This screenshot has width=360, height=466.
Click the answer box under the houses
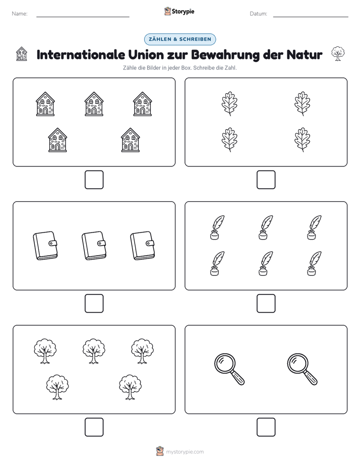coord(94,180)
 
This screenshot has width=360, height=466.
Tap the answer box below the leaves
coord(266,180)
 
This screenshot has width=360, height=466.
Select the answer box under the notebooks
coord(94,303)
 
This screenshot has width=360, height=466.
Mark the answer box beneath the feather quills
coord(266,303)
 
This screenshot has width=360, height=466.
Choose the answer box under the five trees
coord(94,427)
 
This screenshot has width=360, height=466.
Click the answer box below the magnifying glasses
coord(266,427)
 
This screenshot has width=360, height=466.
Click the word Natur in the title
coord(305,54)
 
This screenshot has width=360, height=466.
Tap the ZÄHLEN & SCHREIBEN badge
coord(180,39)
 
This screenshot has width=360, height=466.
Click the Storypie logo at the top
coord(179,11)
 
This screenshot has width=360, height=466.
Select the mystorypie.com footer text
coord(185,452)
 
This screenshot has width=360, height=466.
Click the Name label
coord(20,14)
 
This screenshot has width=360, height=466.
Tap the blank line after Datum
coord(311,17)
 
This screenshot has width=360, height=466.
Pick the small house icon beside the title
coord(21,54)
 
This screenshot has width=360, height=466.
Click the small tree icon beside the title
coord(338,54)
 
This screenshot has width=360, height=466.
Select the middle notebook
coord(94,246)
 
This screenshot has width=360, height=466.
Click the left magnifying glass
coord(229,369)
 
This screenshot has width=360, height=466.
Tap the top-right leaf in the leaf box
coord(303,103)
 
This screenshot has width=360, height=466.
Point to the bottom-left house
coord(57,140)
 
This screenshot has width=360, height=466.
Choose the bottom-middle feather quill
coord(265,264)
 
